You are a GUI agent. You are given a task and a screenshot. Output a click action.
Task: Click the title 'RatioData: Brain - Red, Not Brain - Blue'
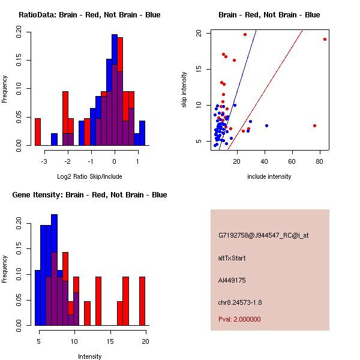click(89, 15)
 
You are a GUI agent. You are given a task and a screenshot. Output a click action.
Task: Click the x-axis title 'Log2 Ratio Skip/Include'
click(89, 176)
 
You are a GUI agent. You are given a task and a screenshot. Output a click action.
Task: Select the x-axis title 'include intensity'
click(269, 176)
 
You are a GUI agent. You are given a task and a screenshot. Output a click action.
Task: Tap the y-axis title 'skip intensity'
click(184, 89)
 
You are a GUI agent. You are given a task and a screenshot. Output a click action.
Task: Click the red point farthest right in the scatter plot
click(325, 39)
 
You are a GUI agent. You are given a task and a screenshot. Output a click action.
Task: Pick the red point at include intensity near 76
click(315, 125)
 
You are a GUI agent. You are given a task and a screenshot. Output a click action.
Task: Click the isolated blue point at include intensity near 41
click(266, 125)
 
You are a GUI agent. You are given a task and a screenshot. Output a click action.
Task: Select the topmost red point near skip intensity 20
click(245, 35)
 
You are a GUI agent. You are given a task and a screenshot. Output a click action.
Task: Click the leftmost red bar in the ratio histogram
click(38, 131)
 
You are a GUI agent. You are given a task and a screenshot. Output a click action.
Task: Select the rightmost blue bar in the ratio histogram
click(142, 133)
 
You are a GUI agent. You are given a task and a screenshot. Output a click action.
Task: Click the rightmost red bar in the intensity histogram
click(142, 301)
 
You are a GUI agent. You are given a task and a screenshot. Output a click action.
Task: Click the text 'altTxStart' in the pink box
click(232, 258)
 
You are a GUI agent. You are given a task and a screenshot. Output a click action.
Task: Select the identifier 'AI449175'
click(232, 280)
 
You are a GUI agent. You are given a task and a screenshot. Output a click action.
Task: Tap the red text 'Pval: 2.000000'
click(240, 319)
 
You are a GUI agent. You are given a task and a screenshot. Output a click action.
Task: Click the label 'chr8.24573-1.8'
click(240, 302)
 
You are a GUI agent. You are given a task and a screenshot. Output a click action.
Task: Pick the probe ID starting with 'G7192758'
click(263, 236)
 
